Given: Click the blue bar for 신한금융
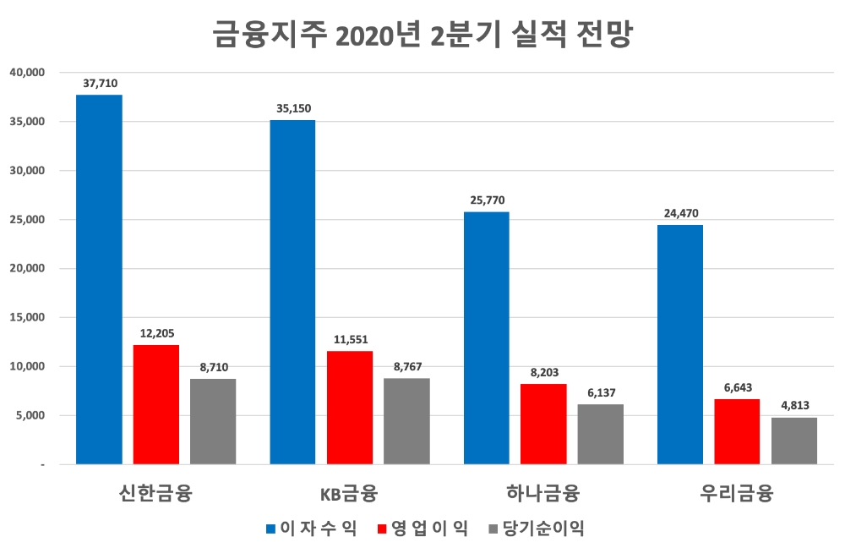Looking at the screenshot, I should (x=99, y=279).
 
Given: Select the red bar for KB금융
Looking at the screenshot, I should (x=350, y=408).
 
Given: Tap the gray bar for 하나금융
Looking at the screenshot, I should (x=600, y=434).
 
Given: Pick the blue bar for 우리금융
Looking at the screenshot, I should (x=679, y=344).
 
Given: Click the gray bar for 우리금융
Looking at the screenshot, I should (x=794, y=441).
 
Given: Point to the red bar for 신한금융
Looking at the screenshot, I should (x=156, y=404).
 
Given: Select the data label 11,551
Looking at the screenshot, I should (x=350, y=339).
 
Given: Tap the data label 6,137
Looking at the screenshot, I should (x=600, y=392).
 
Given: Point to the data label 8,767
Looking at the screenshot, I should (x=407, y=367).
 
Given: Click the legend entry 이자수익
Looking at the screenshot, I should (x=310, y=529).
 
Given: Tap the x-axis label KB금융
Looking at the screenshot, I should (x=348, y=494).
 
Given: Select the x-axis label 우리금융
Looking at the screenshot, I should (x=736, y=493).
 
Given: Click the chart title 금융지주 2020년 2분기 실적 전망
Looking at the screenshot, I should (x=422, y=36).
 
